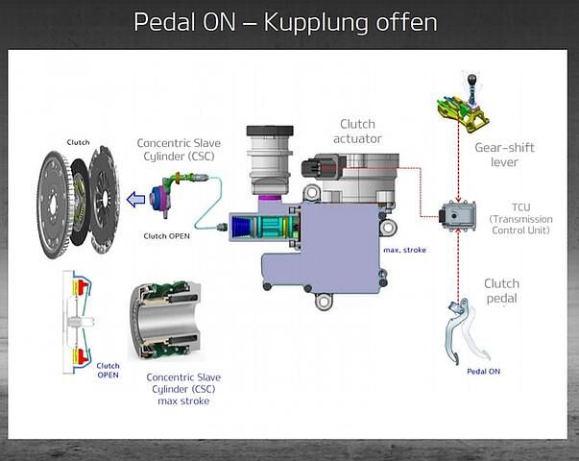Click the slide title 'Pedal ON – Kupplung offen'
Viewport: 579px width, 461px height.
285,22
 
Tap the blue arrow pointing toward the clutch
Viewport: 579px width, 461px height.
136,200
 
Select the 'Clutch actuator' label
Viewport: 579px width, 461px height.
357,132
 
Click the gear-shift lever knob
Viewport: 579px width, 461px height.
472,79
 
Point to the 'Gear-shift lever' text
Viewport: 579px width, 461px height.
504,155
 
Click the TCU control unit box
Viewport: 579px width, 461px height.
457,215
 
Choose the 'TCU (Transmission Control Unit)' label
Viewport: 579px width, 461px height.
520,219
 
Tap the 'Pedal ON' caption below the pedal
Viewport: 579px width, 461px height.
483,372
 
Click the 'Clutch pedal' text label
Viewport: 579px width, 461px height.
501,291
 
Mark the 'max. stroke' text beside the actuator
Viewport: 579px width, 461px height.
404,250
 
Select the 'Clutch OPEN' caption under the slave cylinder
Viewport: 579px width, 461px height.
166,236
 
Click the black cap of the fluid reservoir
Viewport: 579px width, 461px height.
270,131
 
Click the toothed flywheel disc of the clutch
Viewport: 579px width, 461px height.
54,205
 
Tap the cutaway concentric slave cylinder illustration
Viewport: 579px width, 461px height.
165,321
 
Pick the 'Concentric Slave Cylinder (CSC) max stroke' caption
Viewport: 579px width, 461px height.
183,389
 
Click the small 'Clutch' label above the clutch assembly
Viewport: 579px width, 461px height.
78,142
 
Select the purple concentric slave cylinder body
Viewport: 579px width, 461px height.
160,200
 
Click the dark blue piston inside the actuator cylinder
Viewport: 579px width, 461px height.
240,226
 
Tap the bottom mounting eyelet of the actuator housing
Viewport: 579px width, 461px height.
324,302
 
